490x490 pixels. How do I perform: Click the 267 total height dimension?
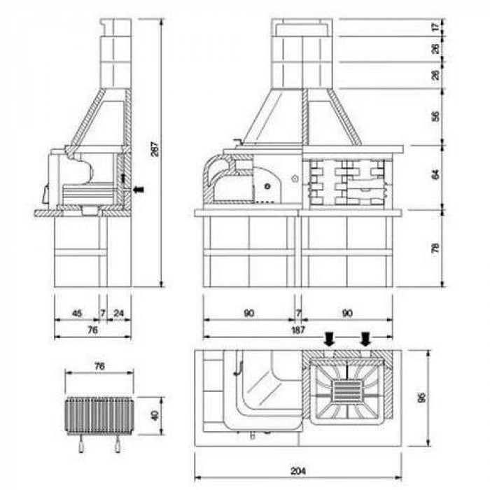pyautogui.click(x=155, y=148)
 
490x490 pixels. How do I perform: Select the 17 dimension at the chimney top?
pyautogui.click(x=435, y=27)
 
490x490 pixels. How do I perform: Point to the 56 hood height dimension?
pyautogui.click(x=435, y=116)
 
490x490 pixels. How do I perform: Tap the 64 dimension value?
pyautogui.click(x=435, y=174)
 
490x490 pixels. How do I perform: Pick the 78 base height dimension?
pyautogui.click(x=435, y=248)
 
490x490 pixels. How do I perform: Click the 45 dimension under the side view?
pyautogui.click(x=77, y=313)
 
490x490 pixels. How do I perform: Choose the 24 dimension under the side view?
pyautogui.click(x=119, y=313)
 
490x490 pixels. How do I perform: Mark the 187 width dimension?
pyautogui.click(x=297, y=330)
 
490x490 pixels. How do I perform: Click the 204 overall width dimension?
pyautogui.click(x=297, y=470)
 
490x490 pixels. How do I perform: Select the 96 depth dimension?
pyautogui.click(x=421, y=398)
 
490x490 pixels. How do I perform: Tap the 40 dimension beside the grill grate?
pyautogui.click(x=155, y=415)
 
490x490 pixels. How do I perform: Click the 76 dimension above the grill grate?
pyautogui.click(x=99, y=366)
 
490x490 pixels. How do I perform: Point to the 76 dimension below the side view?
pyautogui.click(x=93, y=330)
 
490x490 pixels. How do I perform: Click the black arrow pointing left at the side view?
pyautogui.click(x=139, y=190)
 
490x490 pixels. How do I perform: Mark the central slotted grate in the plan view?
pyautogui.click(x=347, y=391)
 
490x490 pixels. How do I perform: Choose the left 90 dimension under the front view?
pyautogui.click(x=248, y=313)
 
